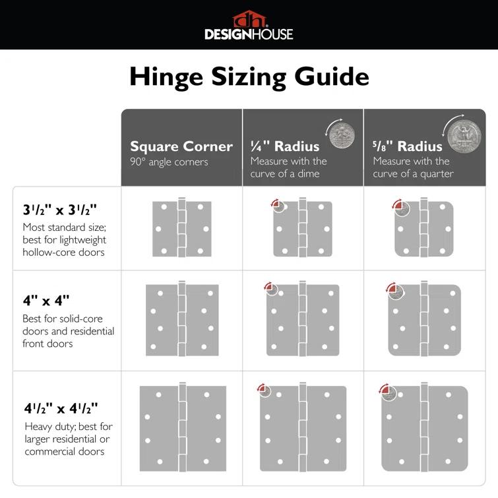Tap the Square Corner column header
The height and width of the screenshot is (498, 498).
pos(181,146)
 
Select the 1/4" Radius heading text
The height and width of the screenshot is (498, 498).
pos(285,146)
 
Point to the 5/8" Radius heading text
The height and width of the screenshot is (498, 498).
pos(407,146)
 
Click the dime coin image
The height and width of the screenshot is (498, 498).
pos(342,134)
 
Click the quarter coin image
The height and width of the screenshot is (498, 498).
pos(464,136)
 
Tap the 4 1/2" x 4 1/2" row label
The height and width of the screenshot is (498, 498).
pos(60,407)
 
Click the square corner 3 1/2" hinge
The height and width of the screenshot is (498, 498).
pos(182,229)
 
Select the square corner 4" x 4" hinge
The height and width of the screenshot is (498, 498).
pos(182,320)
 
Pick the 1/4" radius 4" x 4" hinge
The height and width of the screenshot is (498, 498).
pos(303,320)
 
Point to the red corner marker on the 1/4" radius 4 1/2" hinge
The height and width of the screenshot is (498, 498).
pos(264,390)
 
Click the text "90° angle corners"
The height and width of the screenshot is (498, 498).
pos(169,162)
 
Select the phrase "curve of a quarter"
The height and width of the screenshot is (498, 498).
pos(413,173)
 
